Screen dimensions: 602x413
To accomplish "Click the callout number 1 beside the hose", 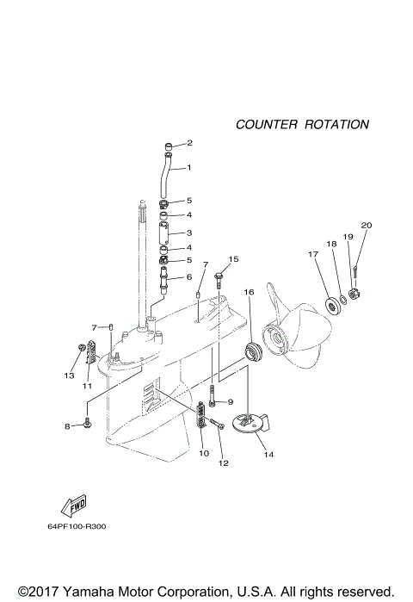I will [189, 167].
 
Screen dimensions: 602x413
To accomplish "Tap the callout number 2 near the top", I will [189, 143].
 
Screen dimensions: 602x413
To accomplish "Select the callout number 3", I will [189, 233].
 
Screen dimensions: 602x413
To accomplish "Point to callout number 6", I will [189, 277].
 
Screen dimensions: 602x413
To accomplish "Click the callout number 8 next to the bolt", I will [67, 426].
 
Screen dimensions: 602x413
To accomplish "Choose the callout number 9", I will [231, 402].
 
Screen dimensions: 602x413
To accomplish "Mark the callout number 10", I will [204, 452].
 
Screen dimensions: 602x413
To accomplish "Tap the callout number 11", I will [87, 387].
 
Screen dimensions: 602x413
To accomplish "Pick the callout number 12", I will [224, 463].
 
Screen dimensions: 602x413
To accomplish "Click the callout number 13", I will [68, 375].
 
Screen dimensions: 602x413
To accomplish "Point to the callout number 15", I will [233, 259].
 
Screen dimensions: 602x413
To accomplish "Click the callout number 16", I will [249, 293].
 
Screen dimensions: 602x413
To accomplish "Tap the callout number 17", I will [313, 254].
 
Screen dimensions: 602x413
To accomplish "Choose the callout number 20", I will [366, 226].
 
